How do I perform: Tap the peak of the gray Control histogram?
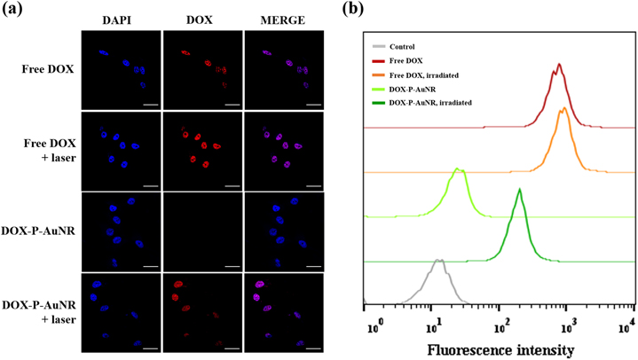coord(438,260)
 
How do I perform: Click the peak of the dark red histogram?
coord(559,64)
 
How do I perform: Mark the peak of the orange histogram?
coord(563,109)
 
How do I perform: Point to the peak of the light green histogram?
coord(458,168)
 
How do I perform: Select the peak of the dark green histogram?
coord(520,189)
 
